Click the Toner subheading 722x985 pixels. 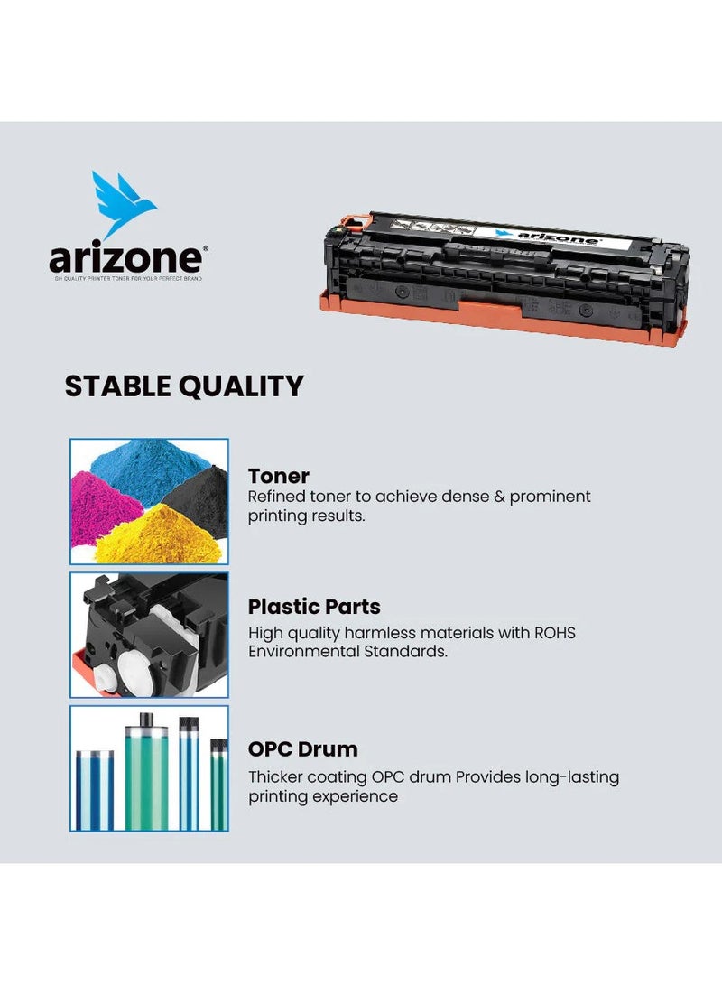click(x=279, y=476)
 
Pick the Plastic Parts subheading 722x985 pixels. click(x=314, y=607)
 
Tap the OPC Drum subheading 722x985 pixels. click(x=302, y=748)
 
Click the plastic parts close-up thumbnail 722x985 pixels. click(x=150, y=635)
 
